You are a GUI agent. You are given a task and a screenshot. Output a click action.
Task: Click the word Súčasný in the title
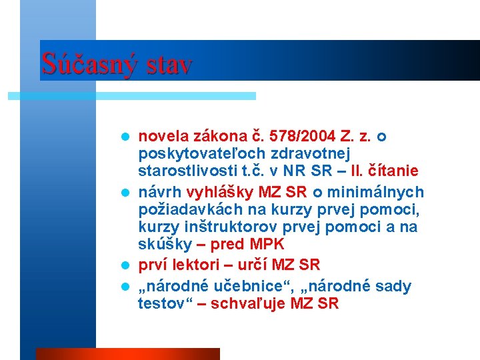tap(85, 64)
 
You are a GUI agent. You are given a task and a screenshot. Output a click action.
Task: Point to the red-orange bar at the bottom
tap(127, 353)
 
